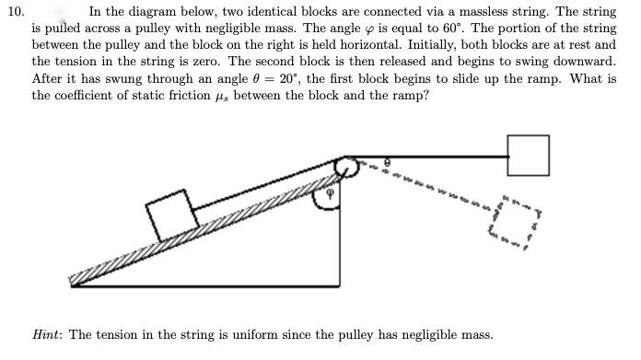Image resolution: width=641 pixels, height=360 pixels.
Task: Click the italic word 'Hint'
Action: [48, 335]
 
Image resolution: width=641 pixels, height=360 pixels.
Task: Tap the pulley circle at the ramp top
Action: [345, 167]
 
